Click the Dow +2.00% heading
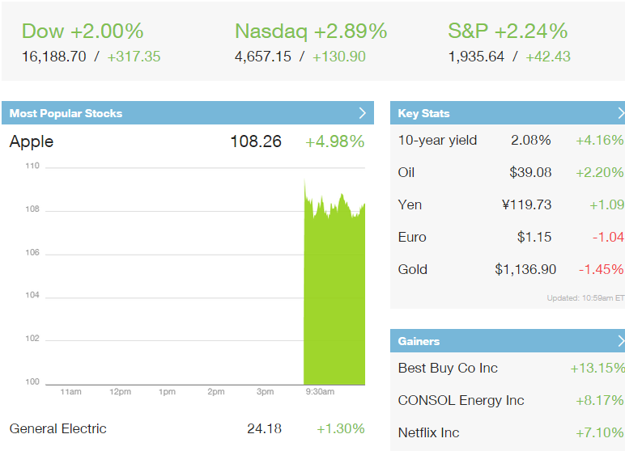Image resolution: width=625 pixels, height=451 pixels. coord(82,32)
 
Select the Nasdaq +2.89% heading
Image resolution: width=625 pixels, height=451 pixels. coord(311,32)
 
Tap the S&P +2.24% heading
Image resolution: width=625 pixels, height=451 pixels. coord(508,32)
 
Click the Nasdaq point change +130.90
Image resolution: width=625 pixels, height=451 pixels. coord(338,57)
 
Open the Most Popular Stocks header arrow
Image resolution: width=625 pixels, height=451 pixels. coord(363,113)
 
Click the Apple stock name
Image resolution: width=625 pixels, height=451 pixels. coord(32,141)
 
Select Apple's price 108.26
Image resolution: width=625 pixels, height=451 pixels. coord(256,141)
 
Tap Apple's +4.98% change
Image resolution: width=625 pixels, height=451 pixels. coord(334,141)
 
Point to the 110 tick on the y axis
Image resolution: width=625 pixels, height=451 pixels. coord(32,166)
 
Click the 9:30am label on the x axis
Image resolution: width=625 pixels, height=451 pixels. coord(320,392)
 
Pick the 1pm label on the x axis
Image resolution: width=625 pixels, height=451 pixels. coord(168,392)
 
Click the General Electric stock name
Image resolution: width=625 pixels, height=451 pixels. coord(58,428)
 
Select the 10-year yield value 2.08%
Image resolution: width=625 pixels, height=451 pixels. coord(530,140)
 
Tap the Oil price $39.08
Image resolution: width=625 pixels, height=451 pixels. coord(530,172)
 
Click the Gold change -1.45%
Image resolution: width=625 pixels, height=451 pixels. coord(601,269)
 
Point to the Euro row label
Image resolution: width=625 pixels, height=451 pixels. coord(412,237)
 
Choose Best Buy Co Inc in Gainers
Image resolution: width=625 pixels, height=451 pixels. coord(448,368)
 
